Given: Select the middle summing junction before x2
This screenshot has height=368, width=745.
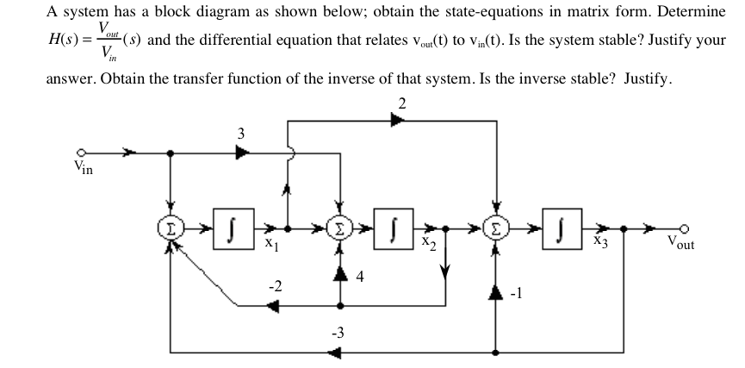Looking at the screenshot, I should (x=342, y=232).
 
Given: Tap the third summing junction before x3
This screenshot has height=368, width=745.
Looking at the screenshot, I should (x=496, y=232).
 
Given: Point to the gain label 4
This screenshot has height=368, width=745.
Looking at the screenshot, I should (x=360, y=278).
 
